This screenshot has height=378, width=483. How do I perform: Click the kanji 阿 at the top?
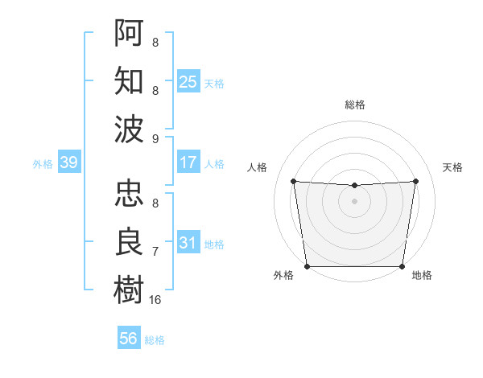click(x=130, y=33)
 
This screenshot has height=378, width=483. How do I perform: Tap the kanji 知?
click(x=130, y=80)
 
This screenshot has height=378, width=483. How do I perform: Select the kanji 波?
click(x=130, y=129)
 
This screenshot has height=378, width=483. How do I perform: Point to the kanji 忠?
click(x=130, y=194)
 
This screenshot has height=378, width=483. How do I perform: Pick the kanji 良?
click(x=130, y=242)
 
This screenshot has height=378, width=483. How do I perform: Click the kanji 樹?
click(x=130, y=290)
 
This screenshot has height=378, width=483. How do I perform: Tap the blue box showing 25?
click(x=188, y=81)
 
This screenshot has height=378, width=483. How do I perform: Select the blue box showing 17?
click(x=188, y=162)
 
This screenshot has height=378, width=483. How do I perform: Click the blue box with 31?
click(x=188, y=243)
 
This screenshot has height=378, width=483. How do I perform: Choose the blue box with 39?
click(x=68, y=163)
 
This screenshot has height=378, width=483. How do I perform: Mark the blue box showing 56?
click(x=128, y=339)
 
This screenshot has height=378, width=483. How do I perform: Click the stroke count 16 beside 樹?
click(x=155, y=299)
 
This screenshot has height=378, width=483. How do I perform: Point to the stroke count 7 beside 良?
click(x=155, y=252)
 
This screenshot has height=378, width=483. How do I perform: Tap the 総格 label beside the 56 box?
click(x=155, y=340)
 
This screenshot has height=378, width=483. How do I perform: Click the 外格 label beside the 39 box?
click(x=43, y=164)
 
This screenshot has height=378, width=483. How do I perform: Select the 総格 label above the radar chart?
click(x=354, y=105)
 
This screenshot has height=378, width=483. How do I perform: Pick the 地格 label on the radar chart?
click(x=422, y=275)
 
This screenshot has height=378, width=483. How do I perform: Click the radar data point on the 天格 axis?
click(x=415, y=181)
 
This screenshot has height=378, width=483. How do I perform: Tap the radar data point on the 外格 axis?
click(x=307, y=266)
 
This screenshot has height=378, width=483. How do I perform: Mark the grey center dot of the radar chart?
click(x=354, y=201)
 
